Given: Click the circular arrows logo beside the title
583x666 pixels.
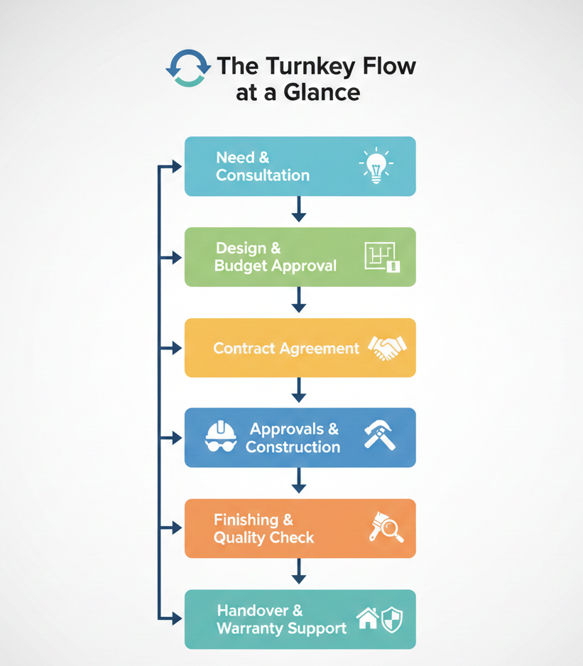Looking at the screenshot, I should (188, 68).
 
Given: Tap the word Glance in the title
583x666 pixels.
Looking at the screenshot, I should (325, 93).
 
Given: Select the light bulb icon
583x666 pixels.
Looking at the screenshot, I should (376, 167).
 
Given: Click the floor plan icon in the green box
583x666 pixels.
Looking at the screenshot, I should (382, 257).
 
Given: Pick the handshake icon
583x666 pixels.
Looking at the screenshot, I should (387, 348).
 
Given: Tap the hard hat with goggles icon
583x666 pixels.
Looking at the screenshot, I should (221, 437).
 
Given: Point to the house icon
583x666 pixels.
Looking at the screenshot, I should (367, 618).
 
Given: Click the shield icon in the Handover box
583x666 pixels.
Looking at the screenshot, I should (392, 618).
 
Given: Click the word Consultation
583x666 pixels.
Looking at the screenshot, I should (263, 175).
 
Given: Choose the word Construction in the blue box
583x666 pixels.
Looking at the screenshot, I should (293, 447).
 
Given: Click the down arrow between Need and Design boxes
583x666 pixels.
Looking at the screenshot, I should (299, 210).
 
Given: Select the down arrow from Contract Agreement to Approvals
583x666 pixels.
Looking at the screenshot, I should (299, 391).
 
